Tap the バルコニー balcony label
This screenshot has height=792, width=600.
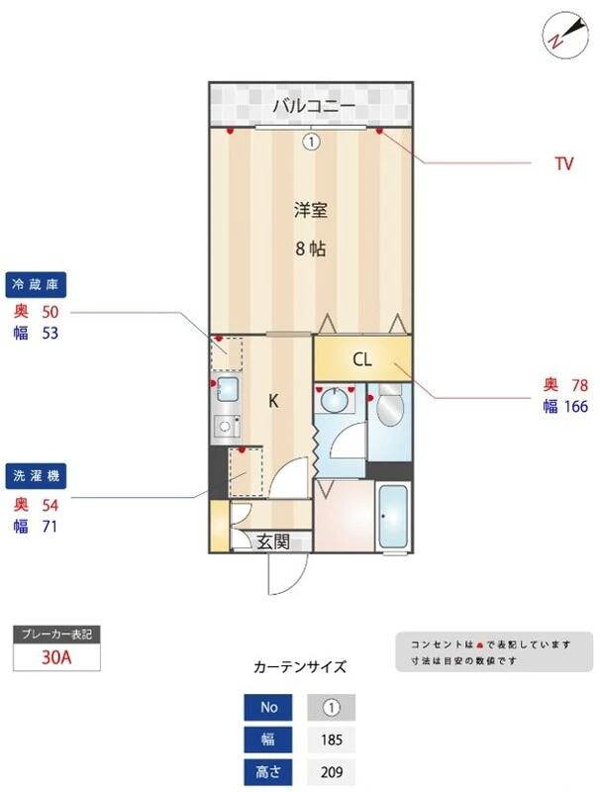click(311, 104)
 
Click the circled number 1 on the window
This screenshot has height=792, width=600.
click(311, 142)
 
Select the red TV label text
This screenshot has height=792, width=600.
click(563, 164)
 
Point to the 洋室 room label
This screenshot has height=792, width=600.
click(310, 210)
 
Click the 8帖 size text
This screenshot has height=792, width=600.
click(310, 248)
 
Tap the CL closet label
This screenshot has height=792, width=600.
click(362, 360)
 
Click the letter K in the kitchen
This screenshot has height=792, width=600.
click(275, 401)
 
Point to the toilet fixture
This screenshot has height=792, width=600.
click(389, 406)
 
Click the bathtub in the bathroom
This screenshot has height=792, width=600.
click(395, 518)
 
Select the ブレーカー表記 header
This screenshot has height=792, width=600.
click(57, 633)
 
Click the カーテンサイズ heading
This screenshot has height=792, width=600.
click(300, 665)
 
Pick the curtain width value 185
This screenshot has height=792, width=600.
click(331, 740)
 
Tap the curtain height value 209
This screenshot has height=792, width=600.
click(331, 772)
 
